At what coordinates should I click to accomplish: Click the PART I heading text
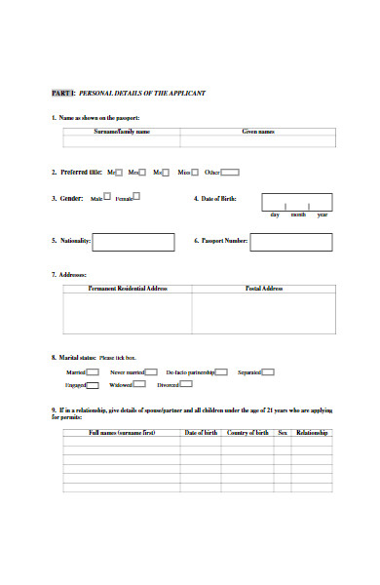128,93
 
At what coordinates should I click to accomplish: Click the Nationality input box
134,241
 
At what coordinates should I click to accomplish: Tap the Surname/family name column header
122,131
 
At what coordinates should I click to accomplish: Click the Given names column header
258,131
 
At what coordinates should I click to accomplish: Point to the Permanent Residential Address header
129,289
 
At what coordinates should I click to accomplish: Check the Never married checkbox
152,371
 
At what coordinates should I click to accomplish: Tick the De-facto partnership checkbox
221,371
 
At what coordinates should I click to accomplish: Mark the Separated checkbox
269,371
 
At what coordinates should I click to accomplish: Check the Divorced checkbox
187,385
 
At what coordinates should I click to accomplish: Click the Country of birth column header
247,432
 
